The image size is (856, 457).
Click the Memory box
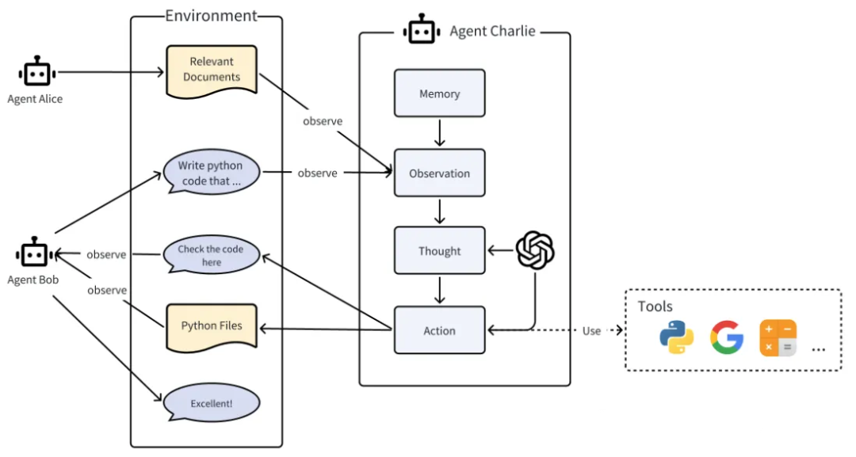pyautogui.click(x=439, y=93)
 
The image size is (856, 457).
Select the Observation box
pyautogui.click(x=439, y=173)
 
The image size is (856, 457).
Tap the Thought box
pyautogui.click(x=439, y=251)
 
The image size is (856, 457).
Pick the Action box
pyautogui.click(x=439, y=330)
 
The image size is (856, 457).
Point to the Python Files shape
pyautogui.click(x=212, y=327)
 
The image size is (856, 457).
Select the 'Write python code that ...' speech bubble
pyautogui.click(x=212, y=172)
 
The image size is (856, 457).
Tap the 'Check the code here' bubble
pyautogui.click(x=212, y=255)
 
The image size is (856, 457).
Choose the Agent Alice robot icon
pyautogui.click(x=37, y=71)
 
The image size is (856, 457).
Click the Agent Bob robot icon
pyautogui.click(x=34, y=253)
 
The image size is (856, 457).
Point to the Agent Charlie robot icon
pyautogui.click(x=422, y=29)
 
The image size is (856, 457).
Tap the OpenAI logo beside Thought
pyautogui.click(x=535, y=250)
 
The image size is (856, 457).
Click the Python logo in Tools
pyautogui.click(x=676, y=337)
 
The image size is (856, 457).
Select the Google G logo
pyautogui.click(x=727, y=337)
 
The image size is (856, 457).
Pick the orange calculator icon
pyautogui.click(x=778, y=338)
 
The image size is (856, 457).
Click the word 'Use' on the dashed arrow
pyautogui.click(x=591, y=330)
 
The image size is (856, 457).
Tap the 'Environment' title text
pyautogui.click(x=211, y=15)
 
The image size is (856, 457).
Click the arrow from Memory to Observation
pyautogui.click(x=439, y=132)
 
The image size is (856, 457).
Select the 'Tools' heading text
pyautogui.click(x=655, y=306)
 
